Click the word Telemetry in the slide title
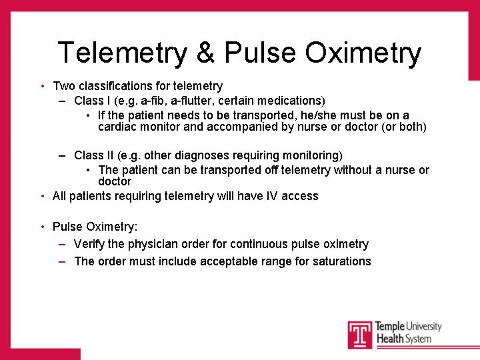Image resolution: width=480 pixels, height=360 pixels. pos(123,53)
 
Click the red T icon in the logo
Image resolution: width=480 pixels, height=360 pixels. pos(360,334)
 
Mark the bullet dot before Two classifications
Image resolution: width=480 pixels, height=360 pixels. pos(43,86)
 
